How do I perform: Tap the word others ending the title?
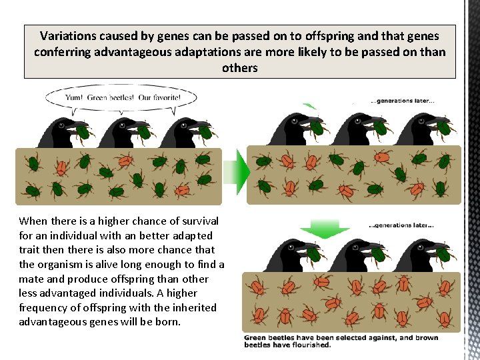pyautogui.click(x=239, y=67)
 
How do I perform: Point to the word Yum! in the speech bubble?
pyautogui.click(x=73, y=97)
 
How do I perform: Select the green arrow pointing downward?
pyautogui.click(x=324, y=231)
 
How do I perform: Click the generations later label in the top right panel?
pyautogui.click(x=403, y=101)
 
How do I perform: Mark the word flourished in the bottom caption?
pyautogui.click(x=309, y=345)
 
